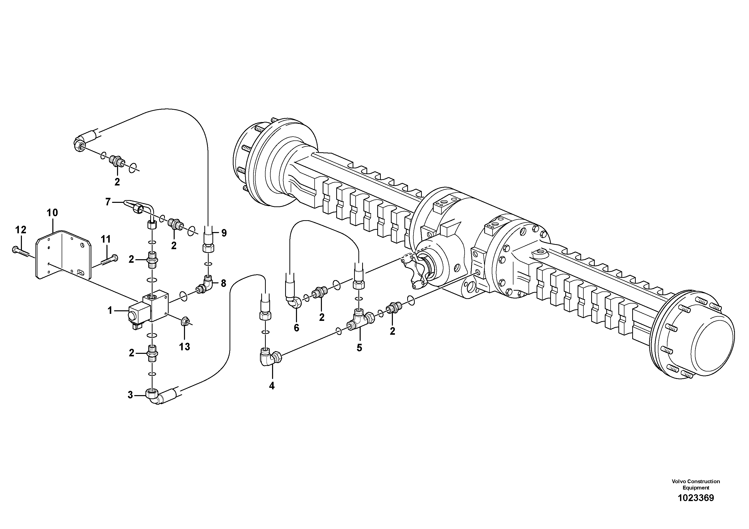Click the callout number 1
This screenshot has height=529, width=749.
click(x=110, y=311)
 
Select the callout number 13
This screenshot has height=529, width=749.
click(x=185, y=347)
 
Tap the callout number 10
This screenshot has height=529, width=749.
click(x=52, y=213)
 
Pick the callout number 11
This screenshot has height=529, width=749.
click(x=105, y=239)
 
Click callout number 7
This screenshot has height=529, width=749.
click(x=108, y=202)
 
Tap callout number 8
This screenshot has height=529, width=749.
click(x=223, y=283)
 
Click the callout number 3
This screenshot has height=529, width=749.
click(x=130, y=395)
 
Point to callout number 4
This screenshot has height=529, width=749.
click(x=272, y=386)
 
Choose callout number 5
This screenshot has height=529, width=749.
click(x=359, y=348)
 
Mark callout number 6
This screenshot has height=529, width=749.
click(x=296, y=328)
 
